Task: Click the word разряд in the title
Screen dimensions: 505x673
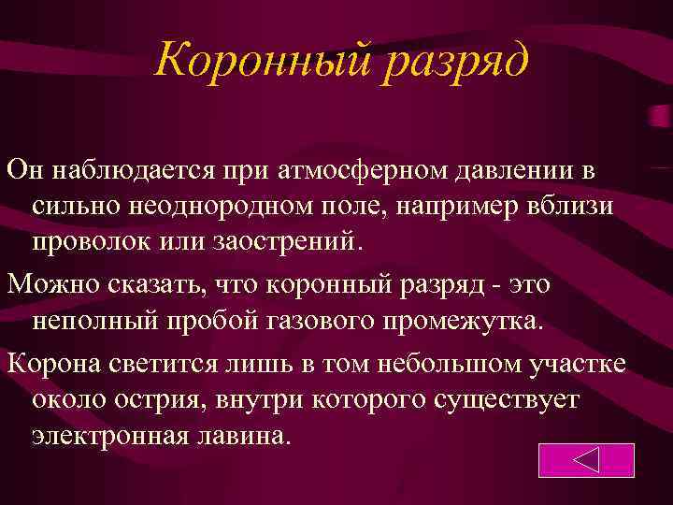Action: [457, 63]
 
